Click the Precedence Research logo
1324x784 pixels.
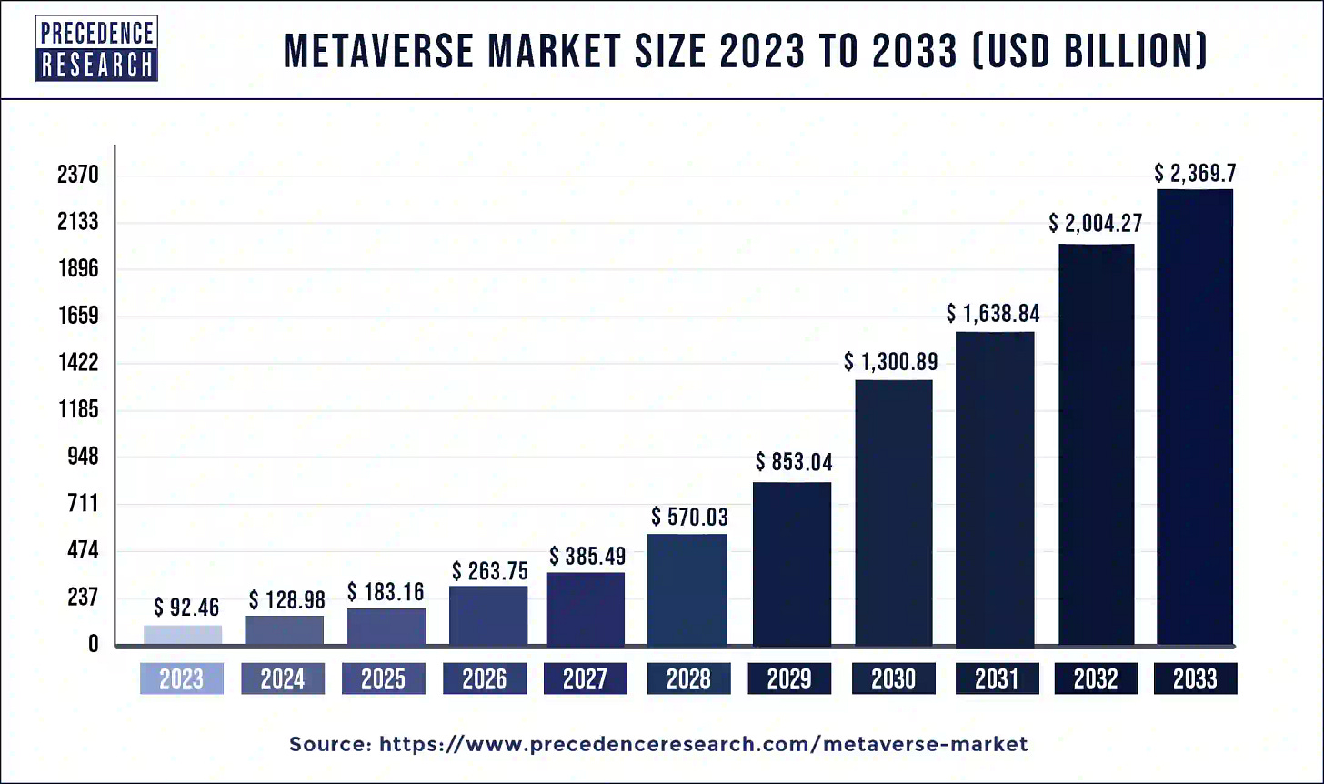pos(96,48)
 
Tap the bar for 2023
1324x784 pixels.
pos(182,635)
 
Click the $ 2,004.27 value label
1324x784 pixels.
pos(1095,223)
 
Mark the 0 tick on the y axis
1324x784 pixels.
pos(93,645)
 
